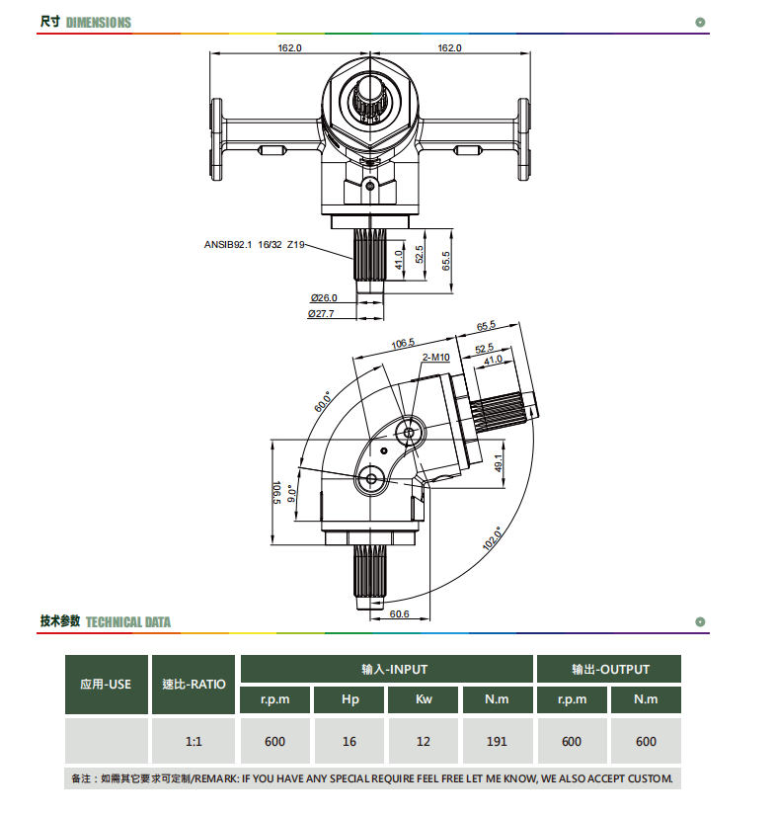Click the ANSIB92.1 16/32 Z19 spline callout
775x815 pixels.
(254, 245)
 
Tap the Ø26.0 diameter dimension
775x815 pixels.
(324, 298)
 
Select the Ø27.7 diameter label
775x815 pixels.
(321, 314)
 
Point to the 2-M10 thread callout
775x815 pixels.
(435, 358)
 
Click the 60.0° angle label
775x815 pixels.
(323, 402)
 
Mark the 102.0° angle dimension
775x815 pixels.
(493, 538)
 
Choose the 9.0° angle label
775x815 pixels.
(292, 494)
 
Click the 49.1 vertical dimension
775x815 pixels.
(499, 463)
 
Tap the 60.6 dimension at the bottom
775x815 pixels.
(399, 614)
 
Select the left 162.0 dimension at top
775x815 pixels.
(289, 47)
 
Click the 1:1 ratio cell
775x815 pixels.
(194, 741)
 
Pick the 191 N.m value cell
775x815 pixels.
(498, 741)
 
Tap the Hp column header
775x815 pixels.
(350, 699)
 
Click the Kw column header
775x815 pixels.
(424, 699)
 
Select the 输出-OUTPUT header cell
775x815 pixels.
(609, 669)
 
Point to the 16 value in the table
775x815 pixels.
(349, 741)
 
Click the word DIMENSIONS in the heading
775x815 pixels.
(99, 23)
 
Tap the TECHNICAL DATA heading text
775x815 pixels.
(128, 622)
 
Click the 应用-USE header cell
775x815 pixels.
(107, 684)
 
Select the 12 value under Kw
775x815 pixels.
(424, 741)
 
